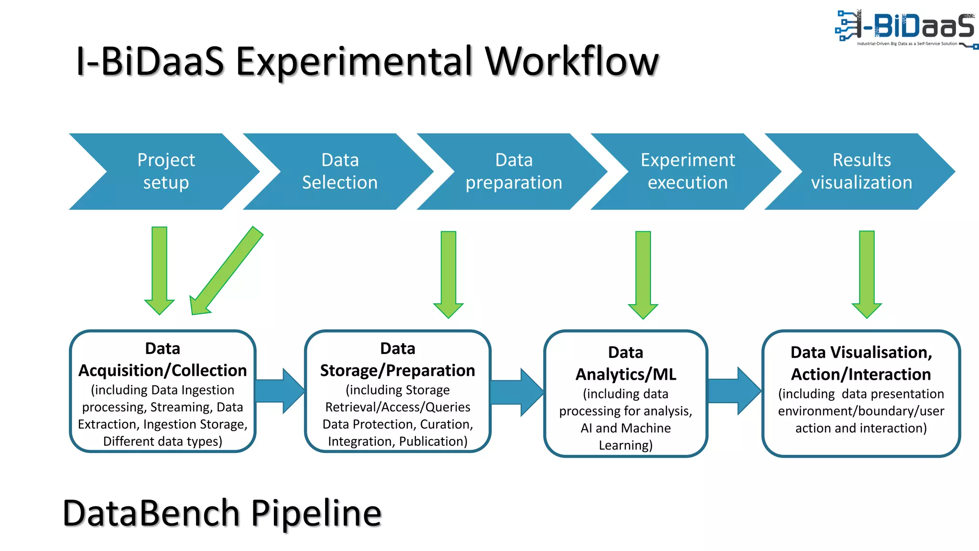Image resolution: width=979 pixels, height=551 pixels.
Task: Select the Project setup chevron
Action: coord(165,171)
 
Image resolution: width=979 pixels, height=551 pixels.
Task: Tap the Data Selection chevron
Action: coord(339,171)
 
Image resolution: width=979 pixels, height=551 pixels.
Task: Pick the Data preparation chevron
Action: coord(513,171)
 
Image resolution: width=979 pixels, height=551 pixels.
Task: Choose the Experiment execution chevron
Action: coord(687,171)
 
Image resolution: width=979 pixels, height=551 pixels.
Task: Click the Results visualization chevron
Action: coord(861,171)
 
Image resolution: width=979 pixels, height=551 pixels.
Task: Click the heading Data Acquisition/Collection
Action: coord(163,360)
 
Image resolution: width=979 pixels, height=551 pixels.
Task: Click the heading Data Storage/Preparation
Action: coord(397,360)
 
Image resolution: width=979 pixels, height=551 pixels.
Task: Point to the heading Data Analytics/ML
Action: coord(625,364)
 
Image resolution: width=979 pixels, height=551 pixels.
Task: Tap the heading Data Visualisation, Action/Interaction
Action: coord(861,364)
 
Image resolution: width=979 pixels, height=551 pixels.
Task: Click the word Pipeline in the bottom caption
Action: coord(316,513)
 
